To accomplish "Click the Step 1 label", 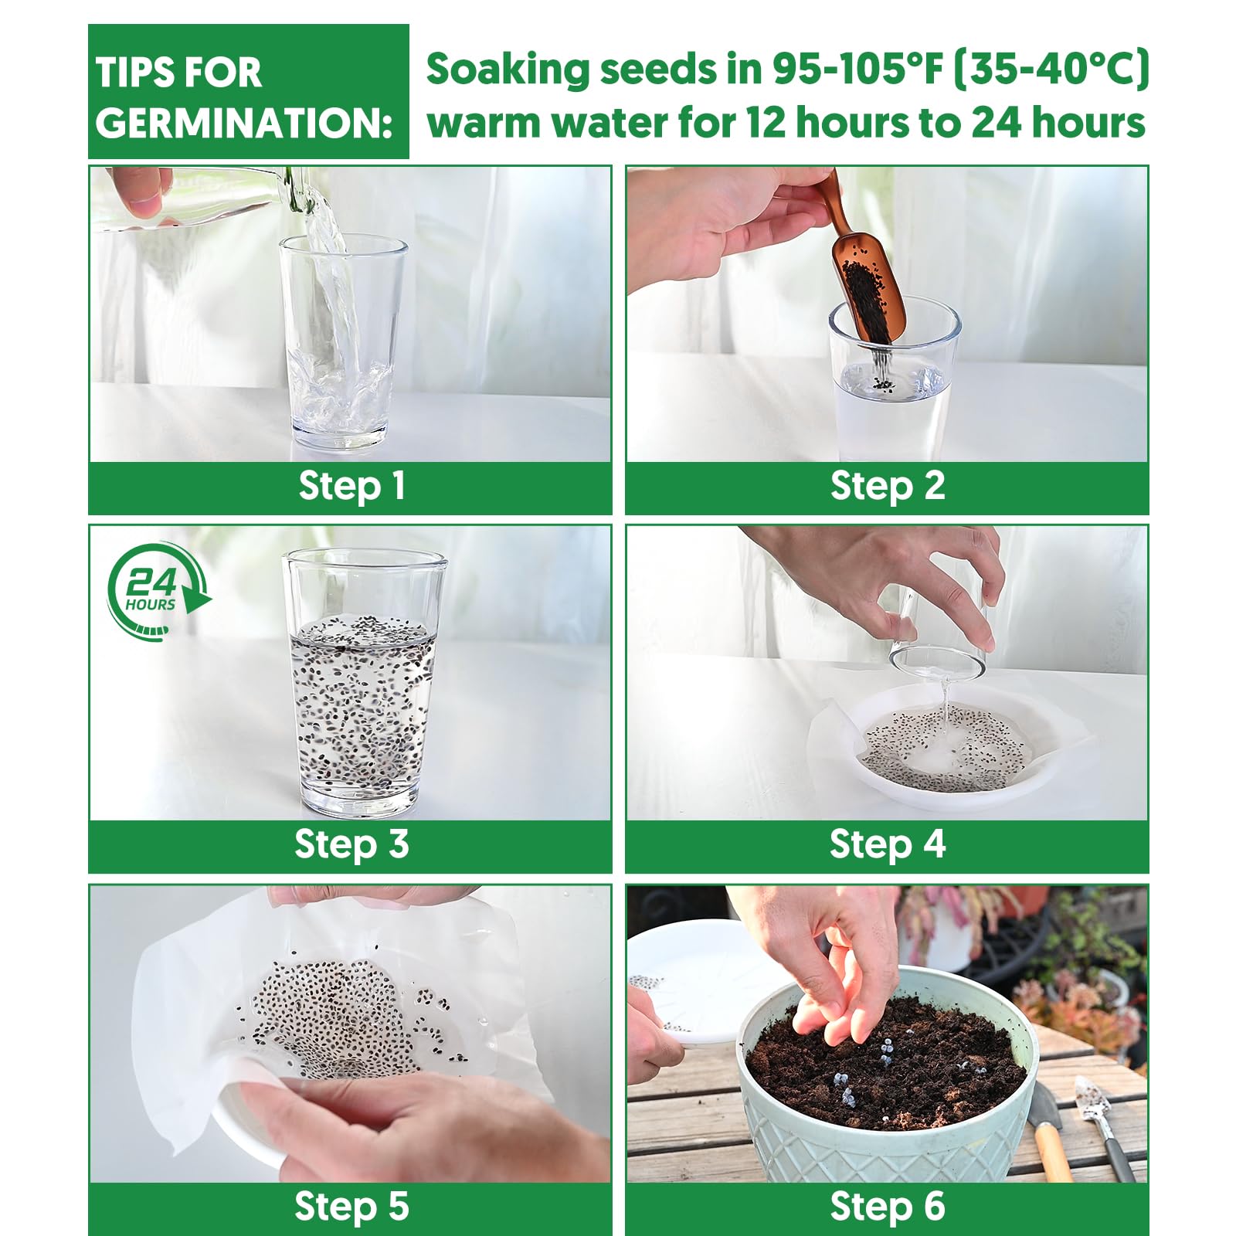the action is tap(351, 487).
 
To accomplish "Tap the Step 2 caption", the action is tap(888, 487).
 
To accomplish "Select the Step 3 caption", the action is tap(351, 844).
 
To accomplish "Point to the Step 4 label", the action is tap(888, 844).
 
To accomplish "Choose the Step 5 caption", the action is tap(351, 1206).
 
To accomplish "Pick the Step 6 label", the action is tap(888, 1206).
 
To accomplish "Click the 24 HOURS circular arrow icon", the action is tap(158, 591).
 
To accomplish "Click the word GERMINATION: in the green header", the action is tap(244, 123).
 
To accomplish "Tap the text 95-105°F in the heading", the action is tap(858, 69).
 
